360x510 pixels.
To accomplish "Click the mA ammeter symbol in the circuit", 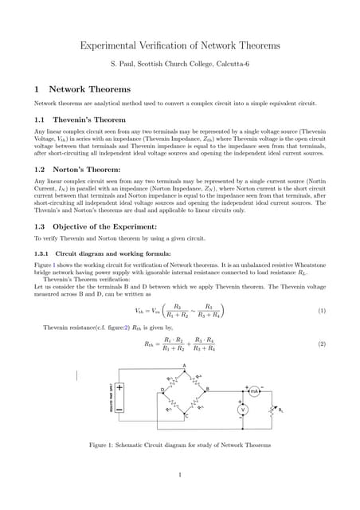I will point(254,392).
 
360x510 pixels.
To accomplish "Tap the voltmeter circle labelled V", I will point(245,409).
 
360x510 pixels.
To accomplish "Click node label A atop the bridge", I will point(185,365).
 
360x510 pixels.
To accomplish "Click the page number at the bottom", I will point(181,477).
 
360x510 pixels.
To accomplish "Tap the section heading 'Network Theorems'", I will point(89,89).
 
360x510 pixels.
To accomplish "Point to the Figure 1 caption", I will point(180,444).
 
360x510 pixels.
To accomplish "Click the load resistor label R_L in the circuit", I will point(280,410).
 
